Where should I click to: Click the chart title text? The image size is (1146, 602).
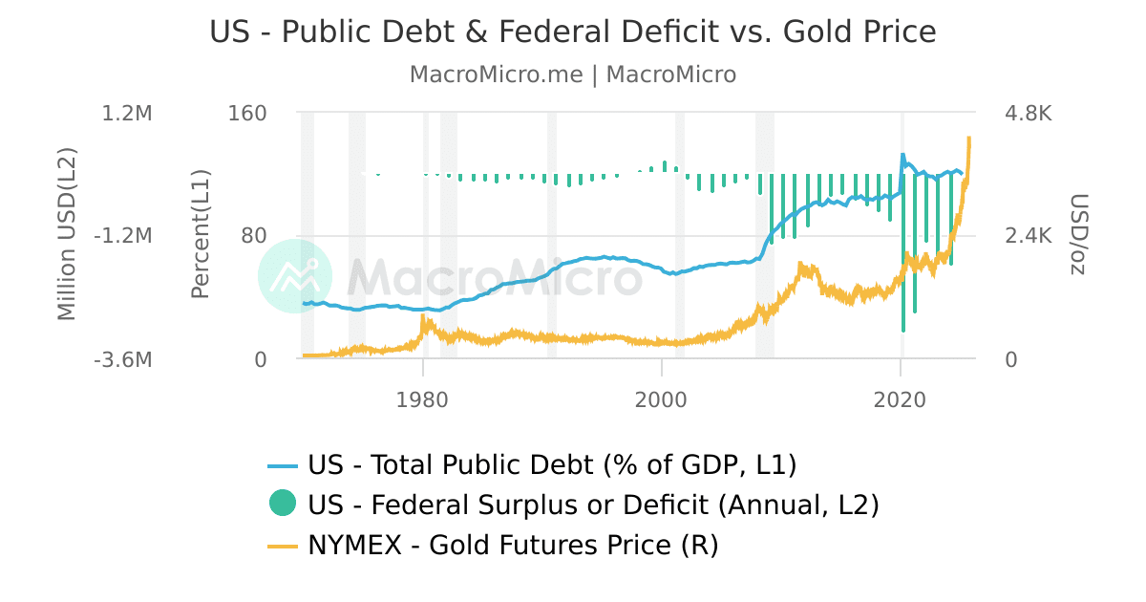point(573,32)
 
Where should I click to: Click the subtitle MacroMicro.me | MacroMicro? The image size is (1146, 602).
point(573,75)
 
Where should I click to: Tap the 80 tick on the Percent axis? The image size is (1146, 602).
point(254,236)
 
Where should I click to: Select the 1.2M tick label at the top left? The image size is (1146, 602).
point(127,114)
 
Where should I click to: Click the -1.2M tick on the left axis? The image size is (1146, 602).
point(124,236)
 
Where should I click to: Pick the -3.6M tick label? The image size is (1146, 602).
point(124,360)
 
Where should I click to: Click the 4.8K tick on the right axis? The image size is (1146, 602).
point(1029,114)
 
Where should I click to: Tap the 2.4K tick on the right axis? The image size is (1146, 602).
point(1029,236)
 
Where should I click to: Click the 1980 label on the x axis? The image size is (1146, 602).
point(422,398)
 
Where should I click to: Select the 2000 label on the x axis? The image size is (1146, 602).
point(661,398)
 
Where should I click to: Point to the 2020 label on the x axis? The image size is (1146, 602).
point(900,398)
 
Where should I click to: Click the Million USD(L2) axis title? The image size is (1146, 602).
point(66,235)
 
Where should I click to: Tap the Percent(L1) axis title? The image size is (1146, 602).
point(200,235)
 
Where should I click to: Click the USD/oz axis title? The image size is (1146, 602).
point(1078,235)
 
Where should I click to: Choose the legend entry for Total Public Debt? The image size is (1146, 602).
point(551,465)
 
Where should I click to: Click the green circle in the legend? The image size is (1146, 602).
point(283,503)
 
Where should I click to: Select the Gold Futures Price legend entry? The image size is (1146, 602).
point(512,546)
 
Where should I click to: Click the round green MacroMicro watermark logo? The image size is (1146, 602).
point(295,276)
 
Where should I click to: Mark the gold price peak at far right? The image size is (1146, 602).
point(969,139)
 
